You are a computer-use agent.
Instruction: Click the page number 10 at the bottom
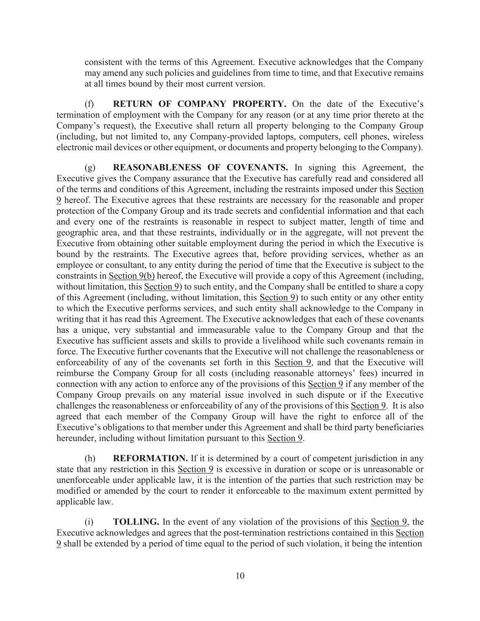click(240, 576)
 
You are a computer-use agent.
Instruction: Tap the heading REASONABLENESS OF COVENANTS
click(200, 168)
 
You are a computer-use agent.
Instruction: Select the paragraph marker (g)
click(90, 168)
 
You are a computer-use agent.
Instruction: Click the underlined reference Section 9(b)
click(131, 276)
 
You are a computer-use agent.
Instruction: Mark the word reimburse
click(75, 374)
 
